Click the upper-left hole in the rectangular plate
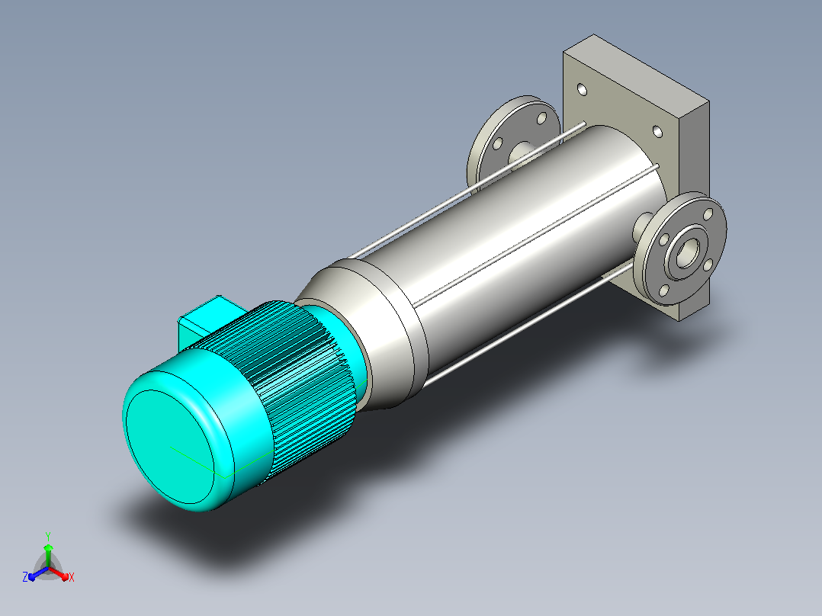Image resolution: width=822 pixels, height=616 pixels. click(x=582, y=90)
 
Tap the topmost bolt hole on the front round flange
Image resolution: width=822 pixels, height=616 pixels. click(x=708, y=214)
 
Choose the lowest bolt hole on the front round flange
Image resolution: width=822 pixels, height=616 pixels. click(x=664, y=290)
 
